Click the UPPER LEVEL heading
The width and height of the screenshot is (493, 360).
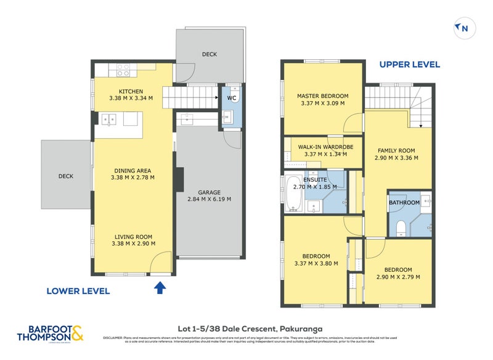click(x=409, y=64)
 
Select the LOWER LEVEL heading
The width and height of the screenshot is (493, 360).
click(x=79, y=290)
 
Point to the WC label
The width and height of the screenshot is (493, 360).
click(x=231, y=97)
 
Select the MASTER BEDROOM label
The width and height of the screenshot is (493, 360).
click(x=322, y=96)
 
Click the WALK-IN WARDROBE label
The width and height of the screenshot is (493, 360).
click(x=322, y=147)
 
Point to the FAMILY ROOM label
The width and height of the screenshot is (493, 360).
click(x=396, y=150)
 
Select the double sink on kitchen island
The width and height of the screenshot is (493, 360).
click(x=108, y=118)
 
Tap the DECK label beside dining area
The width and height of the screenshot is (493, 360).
click(x=66, y=176)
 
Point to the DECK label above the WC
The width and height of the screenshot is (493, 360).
click(x=210, y=54)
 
